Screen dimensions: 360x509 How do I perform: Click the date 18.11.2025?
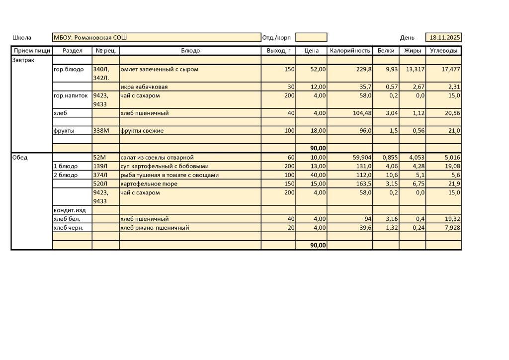[445, 38]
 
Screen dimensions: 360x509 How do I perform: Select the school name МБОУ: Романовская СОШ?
[90, 38]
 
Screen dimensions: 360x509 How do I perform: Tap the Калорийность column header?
[350, 51]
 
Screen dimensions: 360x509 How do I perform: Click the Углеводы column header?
[443, 51]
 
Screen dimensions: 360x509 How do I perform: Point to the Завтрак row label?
[23, 60]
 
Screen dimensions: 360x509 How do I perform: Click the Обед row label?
[20, 158]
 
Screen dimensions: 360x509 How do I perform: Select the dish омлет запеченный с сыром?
[160, 70]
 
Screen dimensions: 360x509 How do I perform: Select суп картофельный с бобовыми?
[165, 167]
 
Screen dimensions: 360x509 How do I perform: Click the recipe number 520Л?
[100, 184]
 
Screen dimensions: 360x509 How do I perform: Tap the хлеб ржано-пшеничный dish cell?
[155, 228]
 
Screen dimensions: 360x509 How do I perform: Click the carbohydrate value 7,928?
[451, 228]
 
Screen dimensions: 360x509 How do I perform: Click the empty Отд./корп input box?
[311, 38]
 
